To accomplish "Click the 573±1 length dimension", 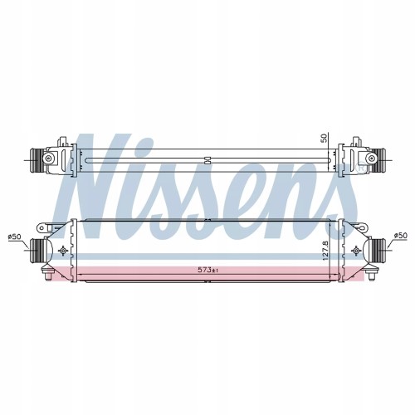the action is coord(208,270).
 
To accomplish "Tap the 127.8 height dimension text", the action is coord(325,250).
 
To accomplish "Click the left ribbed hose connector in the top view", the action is coord(36,160).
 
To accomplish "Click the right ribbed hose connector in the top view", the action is coord(379,160).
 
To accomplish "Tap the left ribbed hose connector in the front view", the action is coord(36,251).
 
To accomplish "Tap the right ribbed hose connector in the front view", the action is coord(379,249).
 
